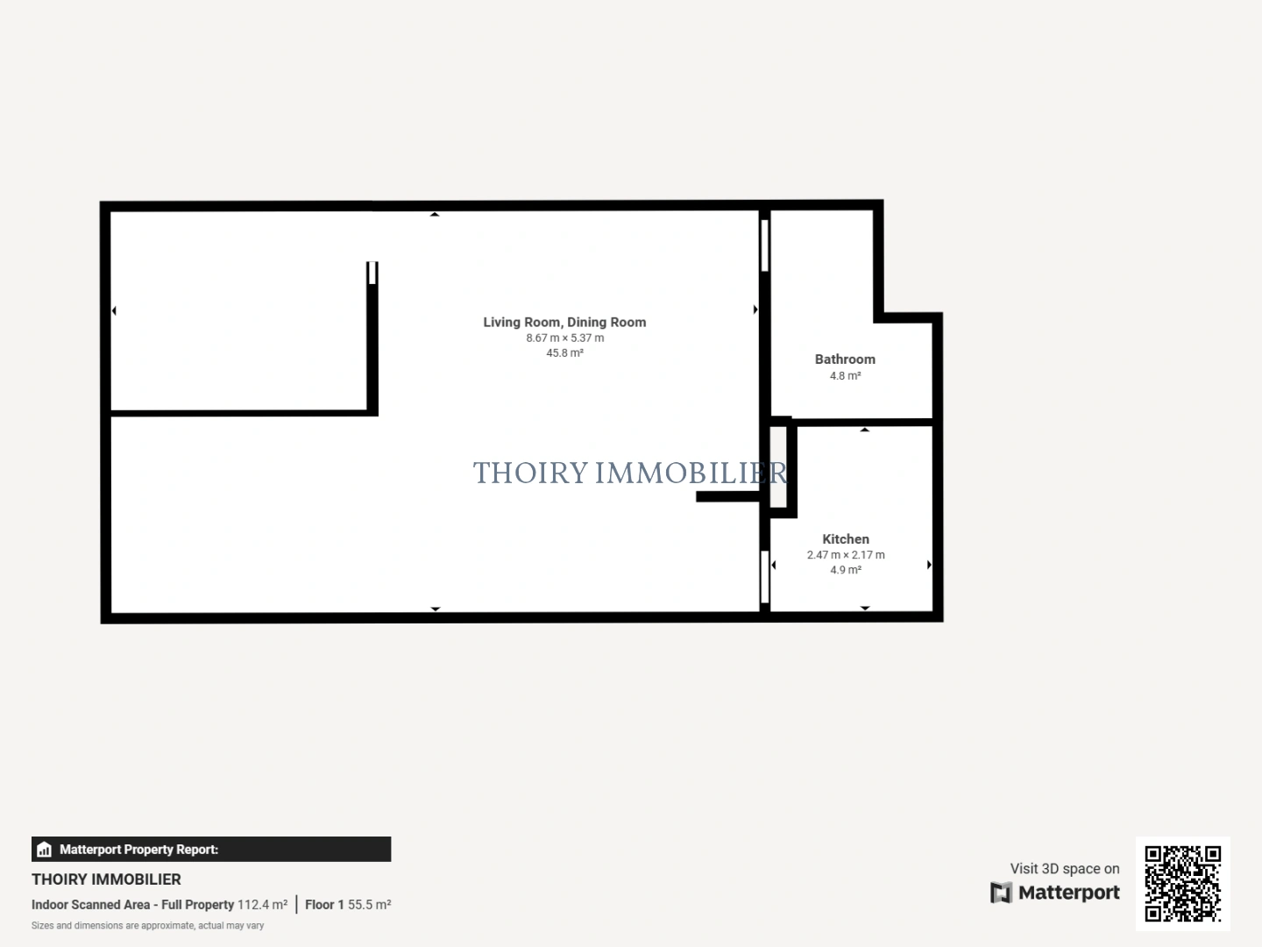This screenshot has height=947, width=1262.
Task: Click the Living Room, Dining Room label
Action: (x=564, y=322)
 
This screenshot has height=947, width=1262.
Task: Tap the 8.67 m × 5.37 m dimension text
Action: (x=564, y=338)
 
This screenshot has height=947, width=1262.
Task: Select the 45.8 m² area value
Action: (x=564, y=352)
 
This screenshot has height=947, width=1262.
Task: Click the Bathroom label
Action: (x=845, y=359)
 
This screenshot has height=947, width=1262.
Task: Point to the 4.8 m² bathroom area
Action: (x=845, y=375)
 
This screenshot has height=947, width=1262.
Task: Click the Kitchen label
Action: (x=846, y=539)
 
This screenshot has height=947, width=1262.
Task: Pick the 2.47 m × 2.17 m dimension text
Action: (x=846, y=554)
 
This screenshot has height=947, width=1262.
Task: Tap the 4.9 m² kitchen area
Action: (x=846, y=570)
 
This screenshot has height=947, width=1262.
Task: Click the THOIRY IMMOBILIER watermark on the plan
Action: (x=629, y=473)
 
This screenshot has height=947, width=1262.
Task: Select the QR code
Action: (x=1183, y=884)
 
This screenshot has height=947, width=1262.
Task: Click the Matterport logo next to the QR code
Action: (x=1055, y=893)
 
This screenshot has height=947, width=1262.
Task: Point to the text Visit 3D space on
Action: (x=1065, y=868)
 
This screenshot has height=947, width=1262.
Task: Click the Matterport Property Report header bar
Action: (x=211, y=849)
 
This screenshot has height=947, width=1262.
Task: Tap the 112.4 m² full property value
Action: (x=262, y=905)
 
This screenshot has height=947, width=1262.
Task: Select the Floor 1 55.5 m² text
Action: (x=348, y=905)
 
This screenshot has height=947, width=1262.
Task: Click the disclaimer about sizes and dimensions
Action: (x=147, y=926)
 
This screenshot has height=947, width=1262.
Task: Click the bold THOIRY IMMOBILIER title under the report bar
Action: (x=106, y=879)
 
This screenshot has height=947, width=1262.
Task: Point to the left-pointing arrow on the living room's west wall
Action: (x=114, y=310)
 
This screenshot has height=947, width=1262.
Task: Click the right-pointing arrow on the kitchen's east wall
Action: (x=929, y=566)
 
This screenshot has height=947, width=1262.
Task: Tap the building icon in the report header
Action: (x=44, y=850)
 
